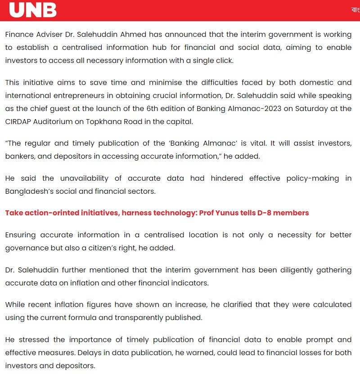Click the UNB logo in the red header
coord(33,9)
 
